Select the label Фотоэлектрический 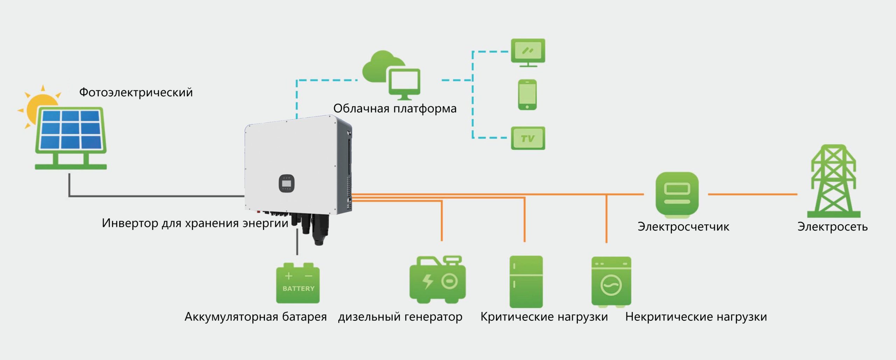(x=136, y=92)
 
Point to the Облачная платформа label (x=395, y=108)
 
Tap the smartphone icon (x=527, y=95)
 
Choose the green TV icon (x=528, y=138)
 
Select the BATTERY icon (x=298, y=283)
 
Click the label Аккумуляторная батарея (x=255, y=317)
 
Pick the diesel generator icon (x=437, y=280)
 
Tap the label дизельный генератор (x=400, y=317)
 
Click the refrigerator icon (x=526, y=282)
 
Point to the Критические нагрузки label (x=544, y=317)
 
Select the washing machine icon (x=611, y=282)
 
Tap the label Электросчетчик (x=683, y=227)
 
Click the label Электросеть (x=832, y=227)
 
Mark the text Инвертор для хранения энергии (x=195, y=223)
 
